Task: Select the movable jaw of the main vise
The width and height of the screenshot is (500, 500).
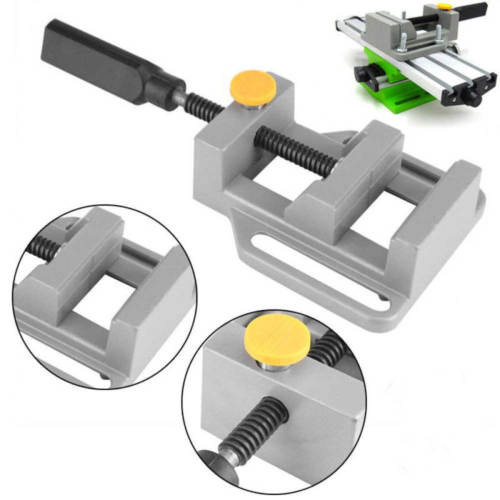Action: [345, 170]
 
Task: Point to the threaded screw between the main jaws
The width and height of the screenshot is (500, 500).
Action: [295, 150]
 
